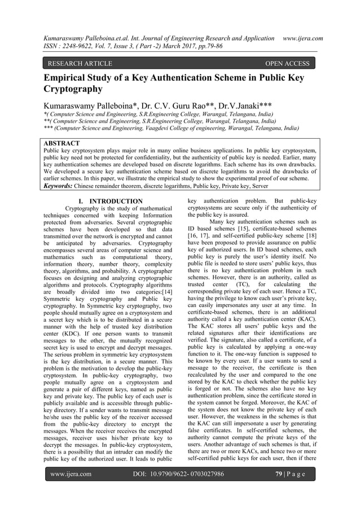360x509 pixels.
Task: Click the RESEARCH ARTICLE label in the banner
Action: coord(81,64)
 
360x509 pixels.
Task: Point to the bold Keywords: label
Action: coord(62,183)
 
